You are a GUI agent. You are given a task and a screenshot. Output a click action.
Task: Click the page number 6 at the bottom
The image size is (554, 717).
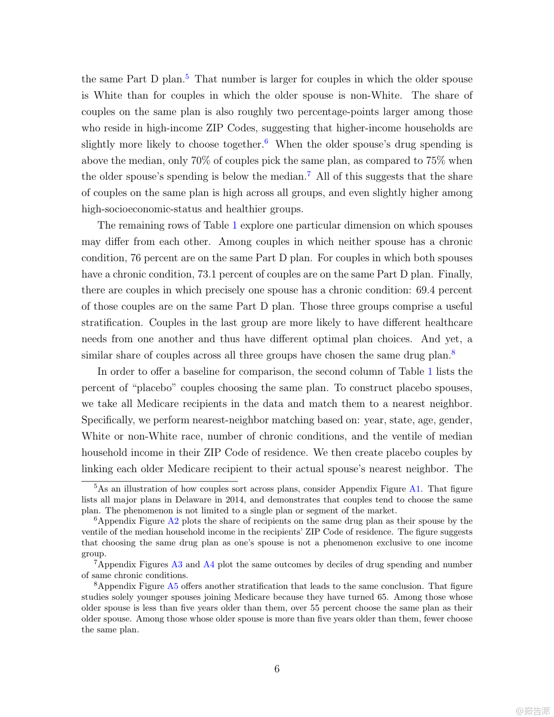tap(277, 669)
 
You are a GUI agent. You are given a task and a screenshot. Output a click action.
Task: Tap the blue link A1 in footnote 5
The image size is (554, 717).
tap(414, 489)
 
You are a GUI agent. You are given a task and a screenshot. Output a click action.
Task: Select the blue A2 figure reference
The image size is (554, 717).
tap(173, 521)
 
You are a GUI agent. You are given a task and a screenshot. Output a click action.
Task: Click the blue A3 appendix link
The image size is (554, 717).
tap(177, 565)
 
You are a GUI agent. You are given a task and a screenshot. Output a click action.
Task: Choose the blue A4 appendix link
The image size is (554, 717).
tap(209, 565)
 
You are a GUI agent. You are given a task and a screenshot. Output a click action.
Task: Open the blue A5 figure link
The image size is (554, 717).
tap(173, 586)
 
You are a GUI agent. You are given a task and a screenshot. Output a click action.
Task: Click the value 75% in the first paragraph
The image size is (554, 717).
tap(435, 161)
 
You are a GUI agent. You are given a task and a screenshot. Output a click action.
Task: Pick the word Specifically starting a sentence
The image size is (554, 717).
tap(107, 420)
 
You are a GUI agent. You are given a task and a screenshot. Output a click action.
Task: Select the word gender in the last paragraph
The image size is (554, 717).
tap(456, 420)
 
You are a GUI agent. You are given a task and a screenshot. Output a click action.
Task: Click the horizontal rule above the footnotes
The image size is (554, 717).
tap(159, 481)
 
